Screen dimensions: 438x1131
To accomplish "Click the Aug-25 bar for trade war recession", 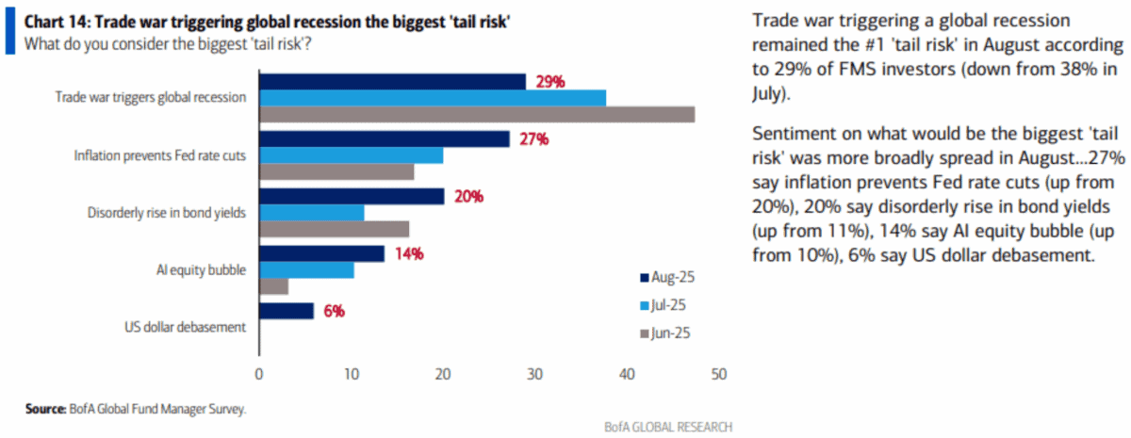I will pos(392,82).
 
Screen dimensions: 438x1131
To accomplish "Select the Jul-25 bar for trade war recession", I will pos(432,98).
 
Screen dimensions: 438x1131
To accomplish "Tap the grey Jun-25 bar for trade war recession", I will pos(476,114).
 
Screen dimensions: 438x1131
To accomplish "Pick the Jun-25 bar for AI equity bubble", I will pos(273,286).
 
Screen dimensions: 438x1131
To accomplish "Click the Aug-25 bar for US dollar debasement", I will pos(286,312).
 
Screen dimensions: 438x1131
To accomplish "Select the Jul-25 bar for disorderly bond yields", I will pos(311,213).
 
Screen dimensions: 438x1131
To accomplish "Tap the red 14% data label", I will pos(407,254).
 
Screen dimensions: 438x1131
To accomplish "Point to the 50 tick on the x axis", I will pos(718,374).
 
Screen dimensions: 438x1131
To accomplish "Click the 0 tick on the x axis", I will pos(258,374).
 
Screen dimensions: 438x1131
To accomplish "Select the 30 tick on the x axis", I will pos(534,374).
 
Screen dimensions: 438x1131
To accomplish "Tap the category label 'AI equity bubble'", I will pos(203,270).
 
